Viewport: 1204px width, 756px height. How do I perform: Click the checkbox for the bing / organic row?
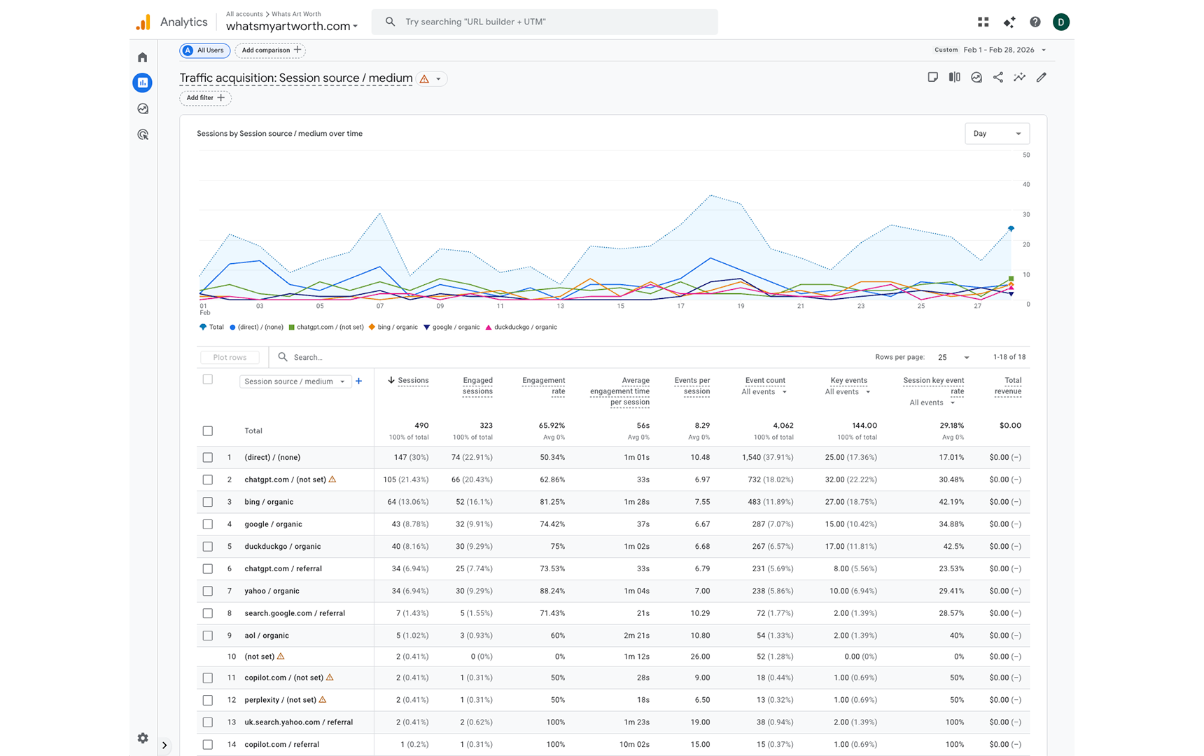pos(208,502)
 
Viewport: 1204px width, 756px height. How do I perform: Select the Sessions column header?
pos(412,381)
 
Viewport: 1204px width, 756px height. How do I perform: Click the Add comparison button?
pos(270,50)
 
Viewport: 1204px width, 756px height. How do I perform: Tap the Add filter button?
pos(205,98)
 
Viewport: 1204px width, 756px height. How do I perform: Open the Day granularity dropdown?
pos(996,134)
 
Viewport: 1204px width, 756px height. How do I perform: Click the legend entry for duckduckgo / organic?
pos(524,327)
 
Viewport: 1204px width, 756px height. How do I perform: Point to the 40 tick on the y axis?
pos(1025,185)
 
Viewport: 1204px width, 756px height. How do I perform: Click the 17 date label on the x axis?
pos(680,306)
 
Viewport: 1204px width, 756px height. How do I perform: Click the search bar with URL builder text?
pos(545,22)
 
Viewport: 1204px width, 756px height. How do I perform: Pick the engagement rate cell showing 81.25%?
pos(552,502)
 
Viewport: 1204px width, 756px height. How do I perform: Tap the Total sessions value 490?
pos(421,425)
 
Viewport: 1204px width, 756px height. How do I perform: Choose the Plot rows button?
pos(230,357)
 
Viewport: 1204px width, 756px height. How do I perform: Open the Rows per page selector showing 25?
pos(953,357)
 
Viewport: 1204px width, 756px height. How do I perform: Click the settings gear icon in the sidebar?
pos(143,738)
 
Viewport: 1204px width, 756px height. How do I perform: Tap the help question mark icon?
pos(1035,22)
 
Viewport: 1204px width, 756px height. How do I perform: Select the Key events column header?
pos(848,381)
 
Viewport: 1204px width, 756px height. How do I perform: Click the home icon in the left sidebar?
pos(143,57)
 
